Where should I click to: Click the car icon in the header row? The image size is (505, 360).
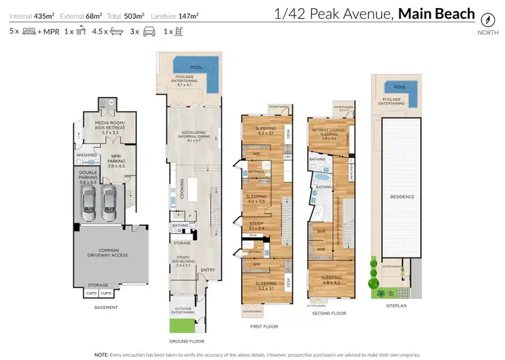149,31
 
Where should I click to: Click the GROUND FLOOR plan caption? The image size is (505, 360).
187,342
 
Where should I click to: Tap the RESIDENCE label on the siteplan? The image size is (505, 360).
401,197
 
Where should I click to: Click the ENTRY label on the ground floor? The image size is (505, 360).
208,270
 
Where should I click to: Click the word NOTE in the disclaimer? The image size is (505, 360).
102,353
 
